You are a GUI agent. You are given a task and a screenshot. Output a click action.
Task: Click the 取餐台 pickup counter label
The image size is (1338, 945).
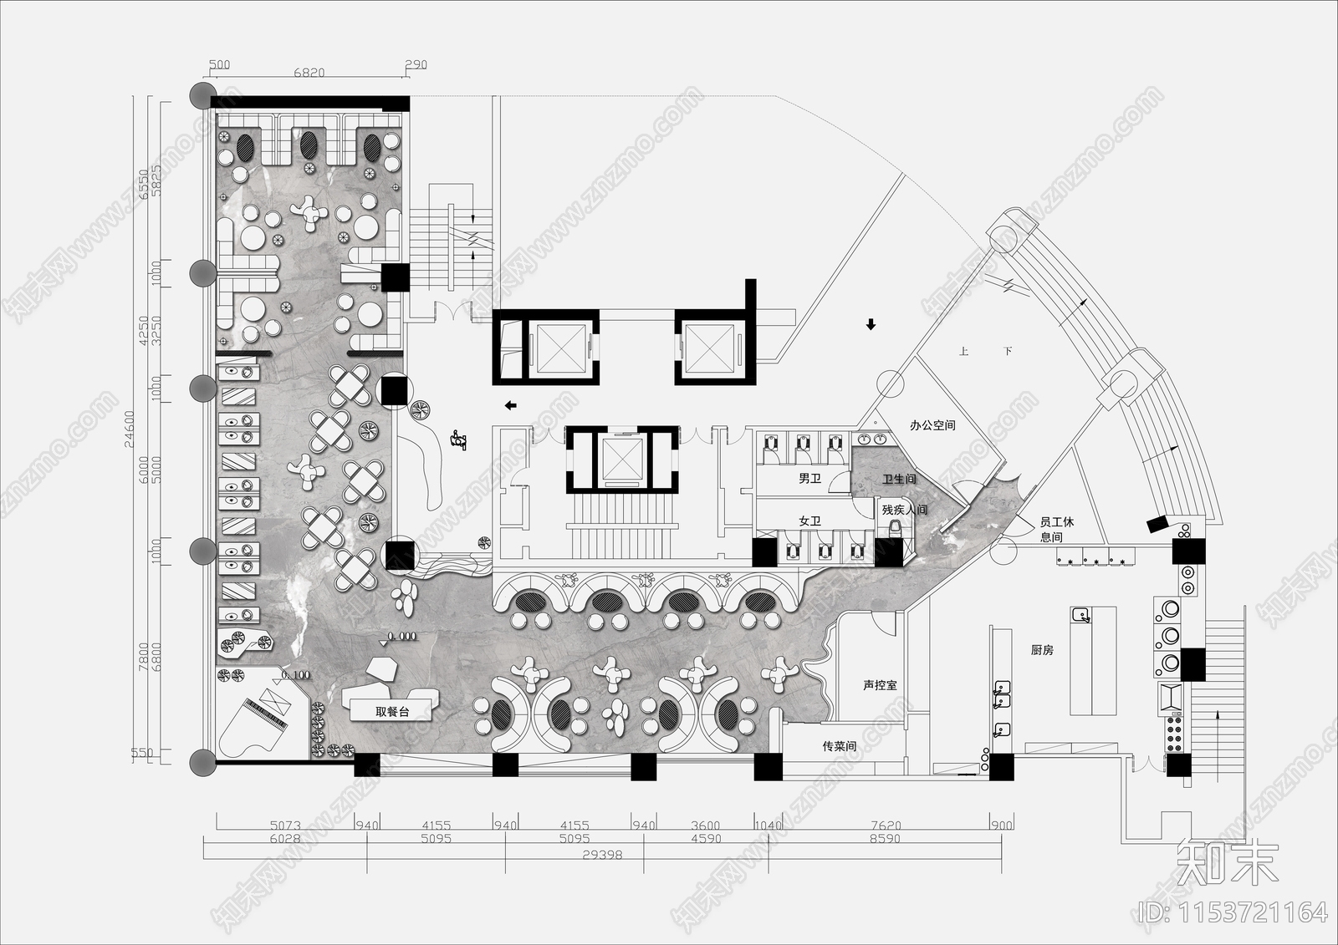(x=392, y=712)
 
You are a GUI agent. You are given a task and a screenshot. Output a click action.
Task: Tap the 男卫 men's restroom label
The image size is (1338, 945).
(x=809, y=479)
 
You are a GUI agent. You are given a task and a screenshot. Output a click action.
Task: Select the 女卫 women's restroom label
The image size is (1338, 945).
(x=809, y=521)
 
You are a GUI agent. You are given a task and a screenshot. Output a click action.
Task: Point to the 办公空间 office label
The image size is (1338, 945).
(x=932, y=425)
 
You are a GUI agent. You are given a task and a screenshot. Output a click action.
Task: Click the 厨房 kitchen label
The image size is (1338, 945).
(x=1042, y=650)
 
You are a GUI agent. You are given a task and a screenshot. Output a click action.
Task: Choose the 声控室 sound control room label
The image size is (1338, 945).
(x=880, y=685)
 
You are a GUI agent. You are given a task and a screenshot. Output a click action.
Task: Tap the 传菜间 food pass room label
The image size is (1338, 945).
(x=839, y=746)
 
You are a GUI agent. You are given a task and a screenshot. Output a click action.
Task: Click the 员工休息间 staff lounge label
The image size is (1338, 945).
(x=1056, y=529)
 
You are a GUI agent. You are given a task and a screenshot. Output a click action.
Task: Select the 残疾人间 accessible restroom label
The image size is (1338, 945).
(x=904, y=509)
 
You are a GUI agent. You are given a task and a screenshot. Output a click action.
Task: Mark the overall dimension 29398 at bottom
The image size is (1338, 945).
(x=601, y=856)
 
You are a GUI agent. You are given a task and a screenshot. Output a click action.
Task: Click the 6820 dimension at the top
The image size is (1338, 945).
(x=309, y=73)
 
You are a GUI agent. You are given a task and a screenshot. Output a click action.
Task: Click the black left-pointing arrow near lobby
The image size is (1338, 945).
(x=510, y=406)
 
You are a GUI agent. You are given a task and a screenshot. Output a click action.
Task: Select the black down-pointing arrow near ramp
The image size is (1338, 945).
(x=871, y=324)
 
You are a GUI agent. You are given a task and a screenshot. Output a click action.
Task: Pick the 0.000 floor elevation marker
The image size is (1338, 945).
(x=402, y=636)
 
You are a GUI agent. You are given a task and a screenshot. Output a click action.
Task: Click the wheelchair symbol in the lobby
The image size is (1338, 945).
(x=457, y=438)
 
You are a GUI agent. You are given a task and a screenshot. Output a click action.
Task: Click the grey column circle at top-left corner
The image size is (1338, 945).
(x=202, y=94)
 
